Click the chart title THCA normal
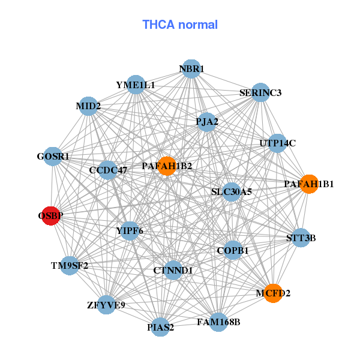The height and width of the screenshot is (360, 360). [x=180, y=25]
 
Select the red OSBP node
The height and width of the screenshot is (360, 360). [x=50, y=215]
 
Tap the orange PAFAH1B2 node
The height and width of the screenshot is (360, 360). [x=166, y=166]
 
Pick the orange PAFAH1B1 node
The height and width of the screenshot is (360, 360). [x=308, y=184]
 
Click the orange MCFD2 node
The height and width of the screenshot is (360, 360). [x=273, y=293]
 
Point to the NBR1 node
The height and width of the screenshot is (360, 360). [x=191, y=68]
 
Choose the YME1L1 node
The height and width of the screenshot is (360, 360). [x=136, y=85]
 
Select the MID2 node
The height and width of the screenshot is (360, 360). [x=88, y=106]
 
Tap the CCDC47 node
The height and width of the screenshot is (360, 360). [x=108, y=170]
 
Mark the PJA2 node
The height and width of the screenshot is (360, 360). [x=207, y=121]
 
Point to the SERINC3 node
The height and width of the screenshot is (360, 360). [x=260, y=93]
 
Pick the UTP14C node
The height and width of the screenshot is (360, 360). [x=277, y=143]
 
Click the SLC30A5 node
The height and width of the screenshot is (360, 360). [x=231, y=192]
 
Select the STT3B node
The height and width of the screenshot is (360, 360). [x=301, y=238]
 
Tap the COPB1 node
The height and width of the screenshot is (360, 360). [x=233, y=250]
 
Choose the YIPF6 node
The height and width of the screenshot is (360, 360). [x=130, y=230]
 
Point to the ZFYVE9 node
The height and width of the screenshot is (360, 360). [x=106, y=305]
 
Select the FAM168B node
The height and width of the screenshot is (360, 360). [x=218, y=322]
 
